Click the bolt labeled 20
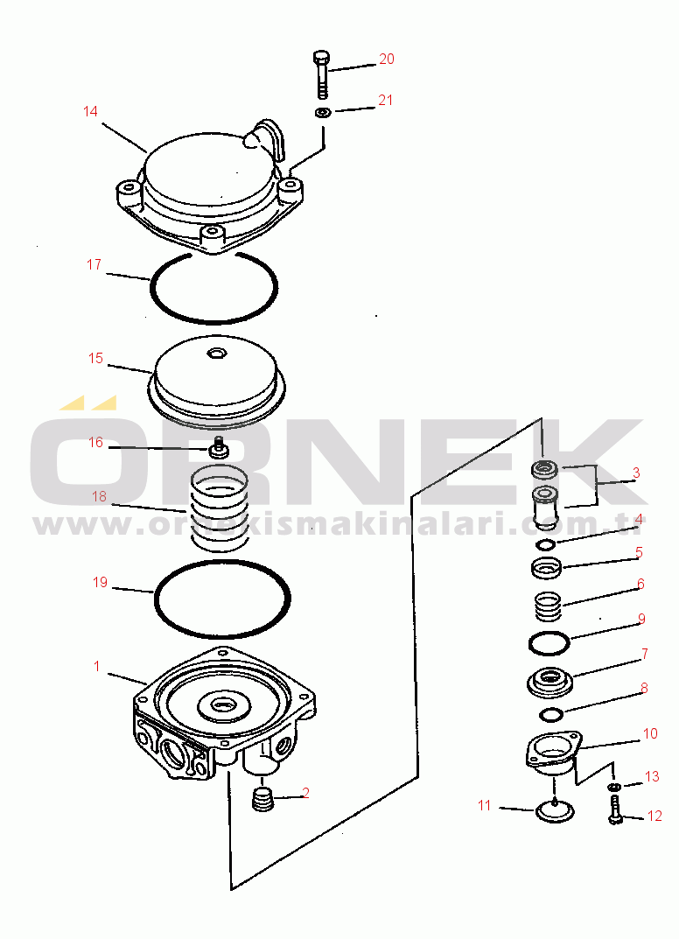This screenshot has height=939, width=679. point(321,74)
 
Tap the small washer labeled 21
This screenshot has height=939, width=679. point(324,112)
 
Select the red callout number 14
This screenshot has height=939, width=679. point(90,111)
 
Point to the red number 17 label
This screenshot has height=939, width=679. point(94,264)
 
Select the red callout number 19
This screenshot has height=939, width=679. point(100,582)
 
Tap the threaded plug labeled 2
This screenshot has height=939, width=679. point(262,801)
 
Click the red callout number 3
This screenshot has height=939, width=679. point(636,473)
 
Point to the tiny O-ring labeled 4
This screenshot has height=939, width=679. point(546,544)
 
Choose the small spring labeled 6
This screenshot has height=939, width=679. point(547,606)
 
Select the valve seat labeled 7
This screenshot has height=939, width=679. point(549,682)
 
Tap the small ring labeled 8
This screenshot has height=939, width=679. point(551,714)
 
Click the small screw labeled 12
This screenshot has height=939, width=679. point(614,809)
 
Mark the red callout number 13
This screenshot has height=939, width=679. point(652,777)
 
